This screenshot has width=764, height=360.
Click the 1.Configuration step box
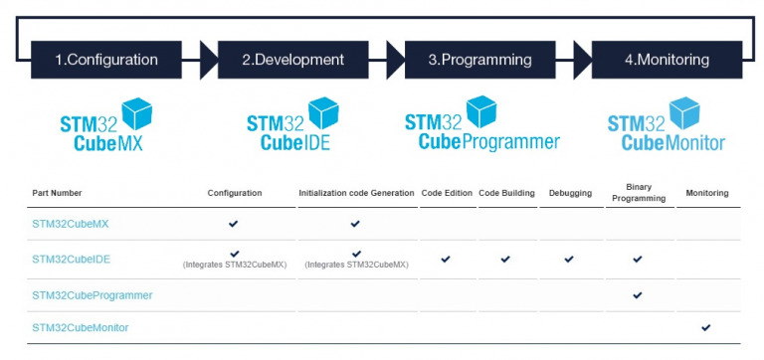105,60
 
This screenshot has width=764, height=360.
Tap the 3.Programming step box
478,60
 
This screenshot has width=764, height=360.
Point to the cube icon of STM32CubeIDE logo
323,112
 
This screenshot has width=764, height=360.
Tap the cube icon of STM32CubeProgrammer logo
481,110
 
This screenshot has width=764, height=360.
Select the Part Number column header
57,193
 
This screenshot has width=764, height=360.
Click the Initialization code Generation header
356,193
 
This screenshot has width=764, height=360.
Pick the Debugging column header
570,193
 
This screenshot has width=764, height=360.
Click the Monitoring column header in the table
707,193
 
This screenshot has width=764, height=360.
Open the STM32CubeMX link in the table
70,224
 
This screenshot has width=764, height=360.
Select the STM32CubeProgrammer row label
92,295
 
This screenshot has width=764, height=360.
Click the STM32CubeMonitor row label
80,327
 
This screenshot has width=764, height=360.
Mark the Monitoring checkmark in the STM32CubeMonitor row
706,327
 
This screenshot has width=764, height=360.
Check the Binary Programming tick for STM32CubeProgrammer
638,295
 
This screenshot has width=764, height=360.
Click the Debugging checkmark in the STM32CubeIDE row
569,259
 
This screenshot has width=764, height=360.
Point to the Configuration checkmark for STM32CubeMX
234,224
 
